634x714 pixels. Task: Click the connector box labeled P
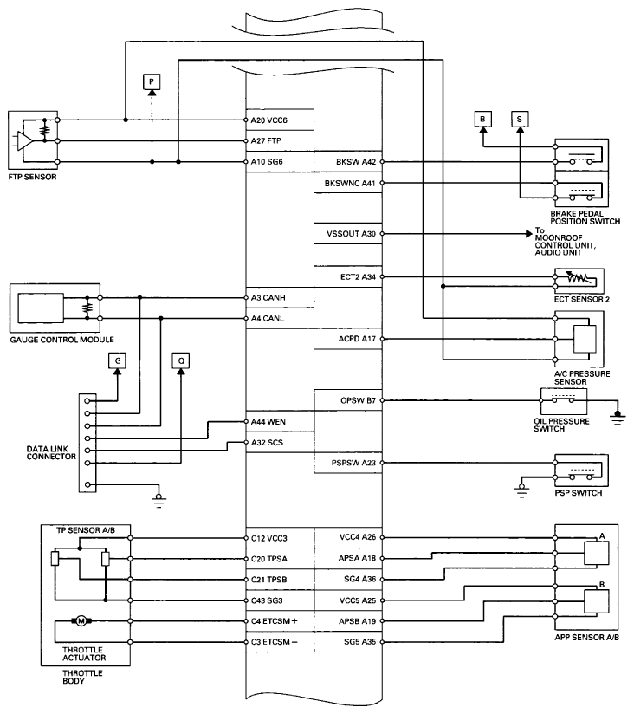point(152,82)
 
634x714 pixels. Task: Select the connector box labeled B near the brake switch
point(482,119)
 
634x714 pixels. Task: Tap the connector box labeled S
point(520,120)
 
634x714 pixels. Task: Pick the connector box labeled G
point(118,360)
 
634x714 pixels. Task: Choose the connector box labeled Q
point(181,360)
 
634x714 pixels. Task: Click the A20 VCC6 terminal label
point(269,120)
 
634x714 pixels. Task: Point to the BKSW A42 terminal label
point(356,162)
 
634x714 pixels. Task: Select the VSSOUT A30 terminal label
point(351,234)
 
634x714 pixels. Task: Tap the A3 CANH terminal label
point(268,298)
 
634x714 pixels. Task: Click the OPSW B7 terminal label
point(359,400)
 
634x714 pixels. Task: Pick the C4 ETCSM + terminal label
point(274,621)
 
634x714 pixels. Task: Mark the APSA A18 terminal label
point(358,558)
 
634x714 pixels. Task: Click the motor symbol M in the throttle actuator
point(81,620)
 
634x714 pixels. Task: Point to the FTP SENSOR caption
point(32,177)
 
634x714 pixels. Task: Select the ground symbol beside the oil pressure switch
point(618,417)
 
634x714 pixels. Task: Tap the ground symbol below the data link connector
point(158,500)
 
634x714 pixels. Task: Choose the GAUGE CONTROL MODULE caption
point(61,340)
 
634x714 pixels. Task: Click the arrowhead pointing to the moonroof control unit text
point(529,234)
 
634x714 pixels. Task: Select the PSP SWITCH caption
point(578,493)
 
